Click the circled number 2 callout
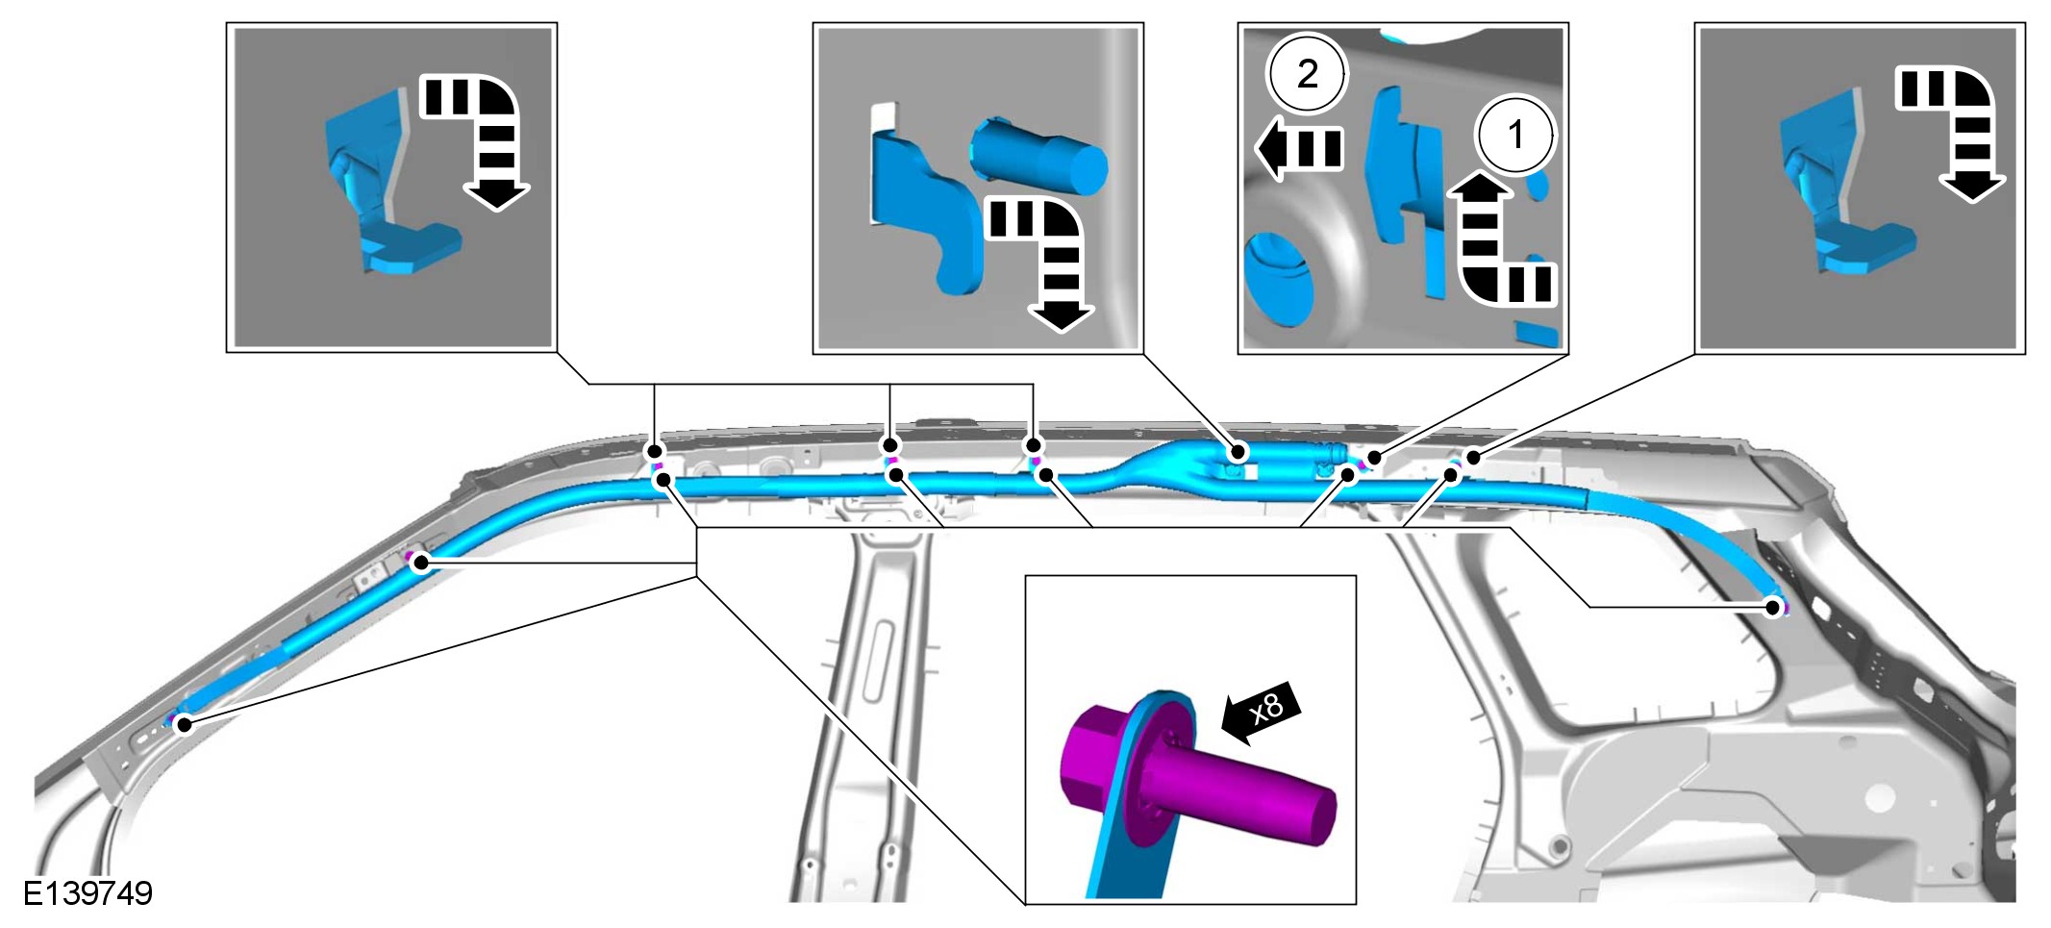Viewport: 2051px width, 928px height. point(1307,73)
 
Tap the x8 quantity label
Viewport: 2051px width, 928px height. point(1267,709)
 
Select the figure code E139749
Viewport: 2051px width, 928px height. point(88,893)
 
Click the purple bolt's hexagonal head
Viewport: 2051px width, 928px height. point(1101,760)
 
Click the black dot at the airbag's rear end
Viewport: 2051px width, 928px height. point(1772,607)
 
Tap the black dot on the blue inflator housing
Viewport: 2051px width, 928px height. point(1239,450)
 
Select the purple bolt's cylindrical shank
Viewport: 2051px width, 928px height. point(1240,791)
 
